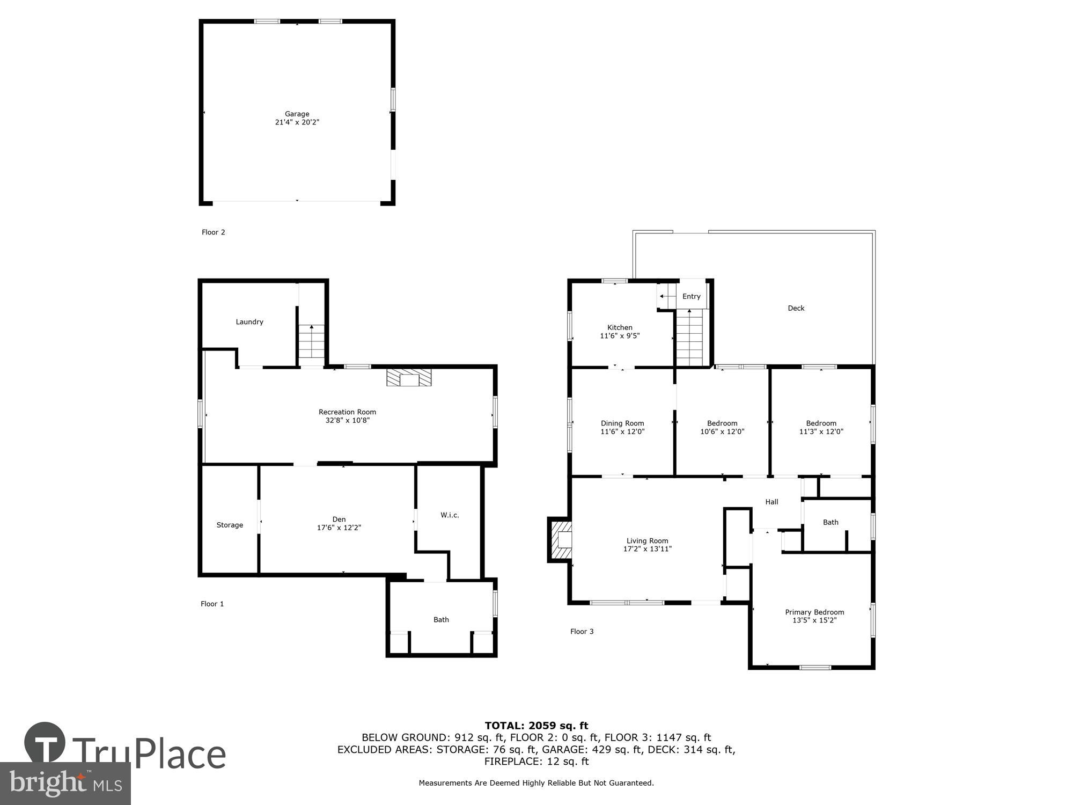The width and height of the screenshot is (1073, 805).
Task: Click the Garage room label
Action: [x=297, y=114]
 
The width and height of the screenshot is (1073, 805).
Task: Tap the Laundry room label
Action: [x=249, y=322]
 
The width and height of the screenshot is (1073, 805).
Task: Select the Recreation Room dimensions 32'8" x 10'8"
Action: [x=347, y=421]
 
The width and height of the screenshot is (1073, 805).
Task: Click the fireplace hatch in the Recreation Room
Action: [x=409, y=377]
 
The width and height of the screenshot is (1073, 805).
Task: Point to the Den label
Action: [x=339, y=519]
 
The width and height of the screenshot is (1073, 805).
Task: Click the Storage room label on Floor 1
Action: [x=230, y=525]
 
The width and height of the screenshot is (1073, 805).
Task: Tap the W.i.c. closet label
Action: [x=450, y=515]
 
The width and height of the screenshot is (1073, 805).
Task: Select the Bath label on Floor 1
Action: [x=441, y=619]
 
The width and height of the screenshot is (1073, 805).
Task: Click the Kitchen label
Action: [x=620, y=327]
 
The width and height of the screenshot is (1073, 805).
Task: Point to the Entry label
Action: [x=691, y=296]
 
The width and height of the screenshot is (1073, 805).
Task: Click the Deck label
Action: [x=796, y=308]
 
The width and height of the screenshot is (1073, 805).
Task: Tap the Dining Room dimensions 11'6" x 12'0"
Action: [x=622, y=431]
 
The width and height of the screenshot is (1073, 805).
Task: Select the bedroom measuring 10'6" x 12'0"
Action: [x=722, y=427]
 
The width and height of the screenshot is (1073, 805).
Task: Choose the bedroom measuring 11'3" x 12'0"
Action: [x=821, y=427]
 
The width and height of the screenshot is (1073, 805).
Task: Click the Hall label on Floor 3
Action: [x=771, y=502]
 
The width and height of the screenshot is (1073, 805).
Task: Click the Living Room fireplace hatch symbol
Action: [x=560, y=539]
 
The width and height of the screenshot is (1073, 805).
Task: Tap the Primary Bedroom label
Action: [x=814, y=612]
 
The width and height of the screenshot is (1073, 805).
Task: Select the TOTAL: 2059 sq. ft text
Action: [x=536, y=726]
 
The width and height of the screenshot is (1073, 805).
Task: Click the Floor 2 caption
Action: [x=213, y=232]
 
